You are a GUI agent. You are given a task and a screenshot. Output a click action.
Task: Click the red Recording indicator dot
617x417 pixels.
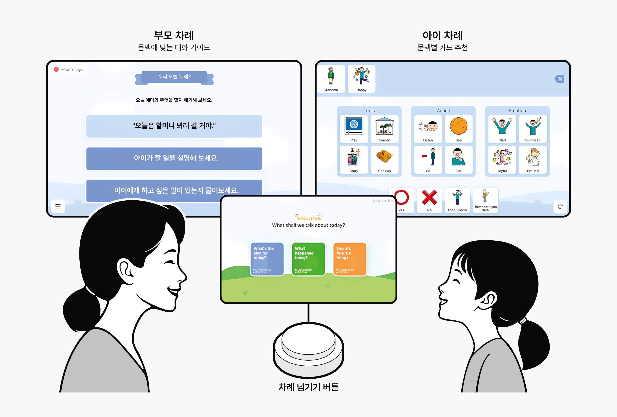tap(56, 69)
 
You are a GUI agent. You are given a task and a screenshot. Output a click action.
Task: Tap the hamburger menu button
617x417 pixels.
tap(58, 206)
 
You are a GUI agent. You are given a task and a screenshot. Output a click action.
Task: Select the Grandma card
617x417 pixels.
tap(331, 79)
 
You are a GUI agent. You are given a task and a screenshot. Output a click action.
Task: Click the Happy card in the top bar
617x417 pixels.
tap(361, 79)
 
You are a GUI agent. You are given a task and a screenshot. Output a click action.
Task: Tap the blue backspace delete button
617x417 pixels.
tap(560, 79)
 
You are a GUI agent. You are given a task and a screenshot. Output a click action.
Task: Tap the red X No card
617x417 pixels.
tap(429, 200)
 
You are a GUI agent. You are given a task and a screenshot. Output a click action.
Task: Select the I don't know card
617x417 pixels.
tap(457, 200)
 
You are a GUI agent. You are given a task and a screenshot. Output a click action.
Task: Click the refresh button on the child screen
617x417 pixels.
tap(560, 207)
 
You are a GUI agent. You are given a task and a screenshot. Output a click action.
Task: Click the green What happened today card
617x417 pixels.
tap(308, 259)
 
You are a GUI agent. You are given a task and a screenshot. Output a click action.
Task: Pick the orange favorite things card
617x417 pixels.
tap(350, 259)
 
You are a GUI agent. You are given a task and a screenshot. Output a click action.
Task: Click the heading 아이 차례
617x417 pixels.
tap(442, 35)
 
